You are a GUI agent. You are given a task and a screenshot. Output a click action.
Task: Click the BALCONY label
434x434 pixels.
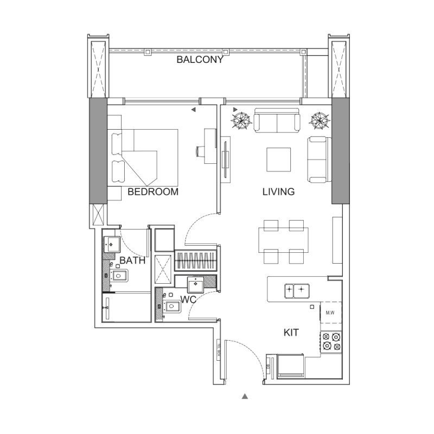click(200, 60)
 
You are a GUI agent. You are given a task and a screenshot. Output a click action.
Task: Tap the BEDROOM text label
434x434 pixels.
click(152, 192)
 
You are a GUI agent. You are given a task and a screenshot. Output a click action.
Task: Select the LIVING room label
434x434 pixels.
click(278, 192)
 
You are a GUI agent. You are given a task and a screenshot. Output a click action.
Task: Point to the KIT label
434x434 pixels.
click(291, 333)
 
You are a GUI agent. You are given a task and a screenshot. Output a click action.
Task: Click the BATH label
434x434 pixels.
click(132, 260)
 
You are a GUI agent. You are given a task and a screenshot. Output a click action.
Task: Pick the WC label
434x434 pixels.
click(188, 299)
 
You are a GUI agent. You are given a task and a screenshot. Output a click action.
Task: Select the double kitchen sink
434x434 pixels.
click(296, 290)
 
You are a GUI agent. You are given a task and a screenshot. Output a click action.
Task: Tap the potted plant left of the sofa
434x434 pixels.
click(242, 119)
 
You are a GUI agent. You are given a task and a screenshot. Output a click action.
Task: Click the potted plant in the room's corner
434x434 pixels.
click(319, 119)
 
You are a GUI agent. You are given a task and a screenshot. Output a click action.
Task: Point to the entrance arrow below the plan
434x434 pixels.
click(245, 397)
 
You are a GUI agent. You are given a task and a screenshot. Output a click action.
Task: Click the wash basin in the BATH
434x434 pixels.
click(111, 244)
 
